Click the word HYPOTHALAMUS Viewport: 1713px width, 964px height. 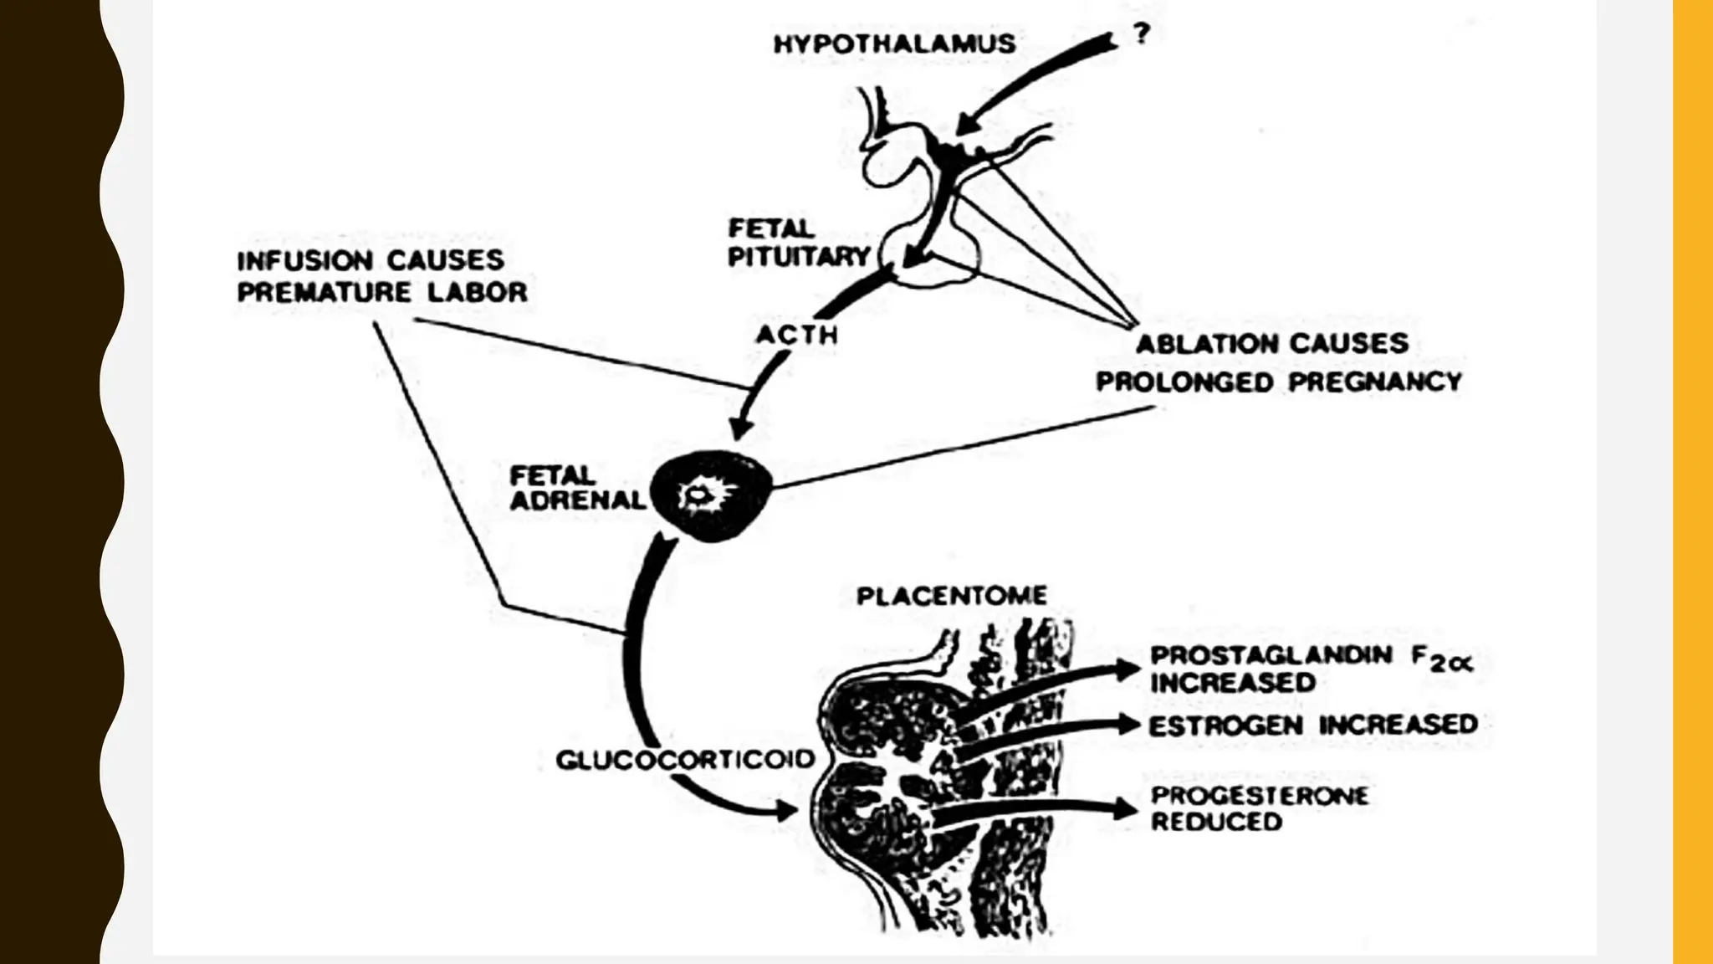pyautogui.click(x=894, y=44)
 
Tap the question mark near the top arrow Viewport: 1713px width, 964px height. pyautogui.click(x=1142, y=34)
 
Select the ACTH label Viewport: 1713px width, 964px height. pyautogui.click(x=796, y=335)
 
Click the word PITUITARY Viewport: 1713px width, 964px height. pyautogui.click(x=799, y=257)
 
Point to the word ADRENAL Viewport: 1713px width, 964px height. pyautogui.click(x=577, y=500)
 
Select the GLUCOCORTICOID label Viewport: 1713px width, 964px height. pyautogui.click(x=685, y=759)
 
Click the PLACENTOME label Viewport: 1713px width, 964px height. pyautogui.click(x=951, y=596)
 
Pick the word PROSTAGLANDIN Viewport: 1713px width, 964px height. pyautogui.click(x=1271, y=655)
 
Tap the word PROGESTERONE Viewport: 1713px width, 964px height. pyautogui.click(x=1260, y=795)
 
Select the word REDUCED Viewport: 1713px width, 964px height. pyautogui.click(x=1216, y=822)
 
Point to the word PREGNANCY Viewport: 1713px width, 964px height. pyautogui.click(x=1375, y=382)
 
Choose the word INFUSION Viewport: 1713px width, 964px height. pyautogui.click(x=305, y=260)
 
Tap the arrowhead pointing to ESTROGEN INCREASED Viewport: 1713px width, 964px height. pyautogui.click(x=1129, y=724)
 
